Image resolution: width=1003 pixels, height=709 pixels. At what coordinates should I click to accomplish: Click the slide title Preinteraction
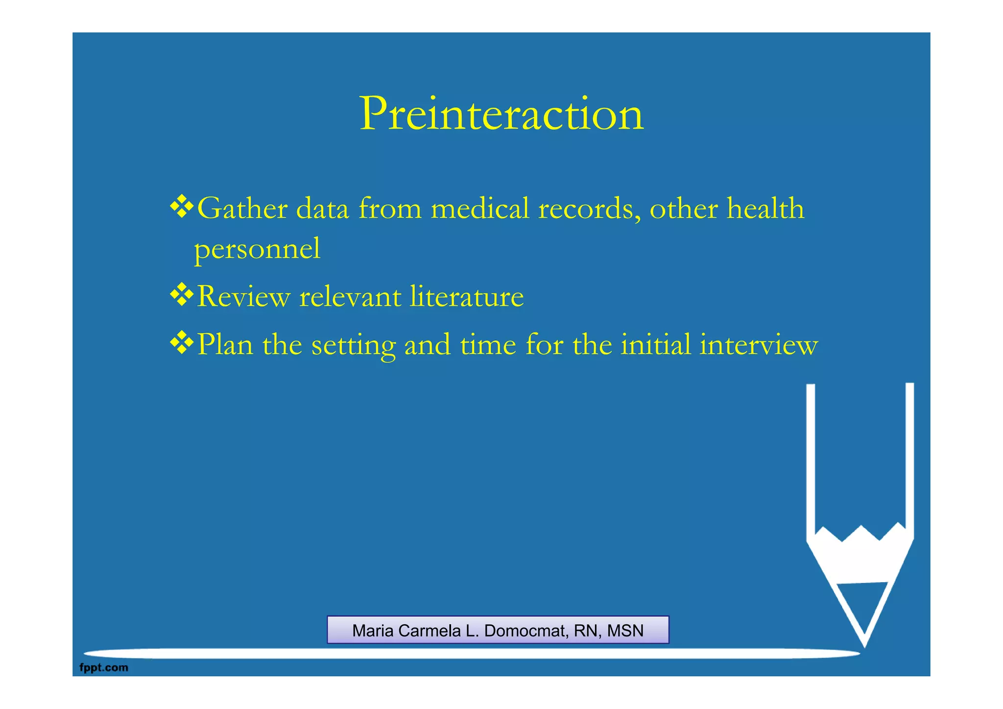coord(501,114)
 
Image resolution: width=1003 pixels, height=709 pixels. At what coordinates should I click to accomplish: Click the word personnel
coord(257,249)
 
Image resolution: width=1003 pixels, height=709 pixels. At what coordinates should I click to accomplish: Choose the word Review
coord(243,297)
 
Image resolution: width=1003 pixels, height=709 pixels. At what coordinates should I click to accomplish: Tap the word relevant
coord(350,297)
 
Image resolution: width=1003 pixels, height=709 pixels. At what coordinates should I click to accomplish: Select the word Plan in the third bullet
coord(225,344)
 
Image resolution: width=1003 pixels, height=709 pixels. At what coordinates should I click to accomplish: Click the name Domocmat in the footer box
coord(526,631)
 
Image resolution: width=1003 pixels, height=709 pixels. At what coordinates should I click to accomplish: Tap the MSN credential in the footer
coord(625,631)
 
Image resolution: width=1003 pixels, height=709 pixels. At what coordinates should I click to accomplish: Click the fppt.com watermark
coord(103,667)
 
